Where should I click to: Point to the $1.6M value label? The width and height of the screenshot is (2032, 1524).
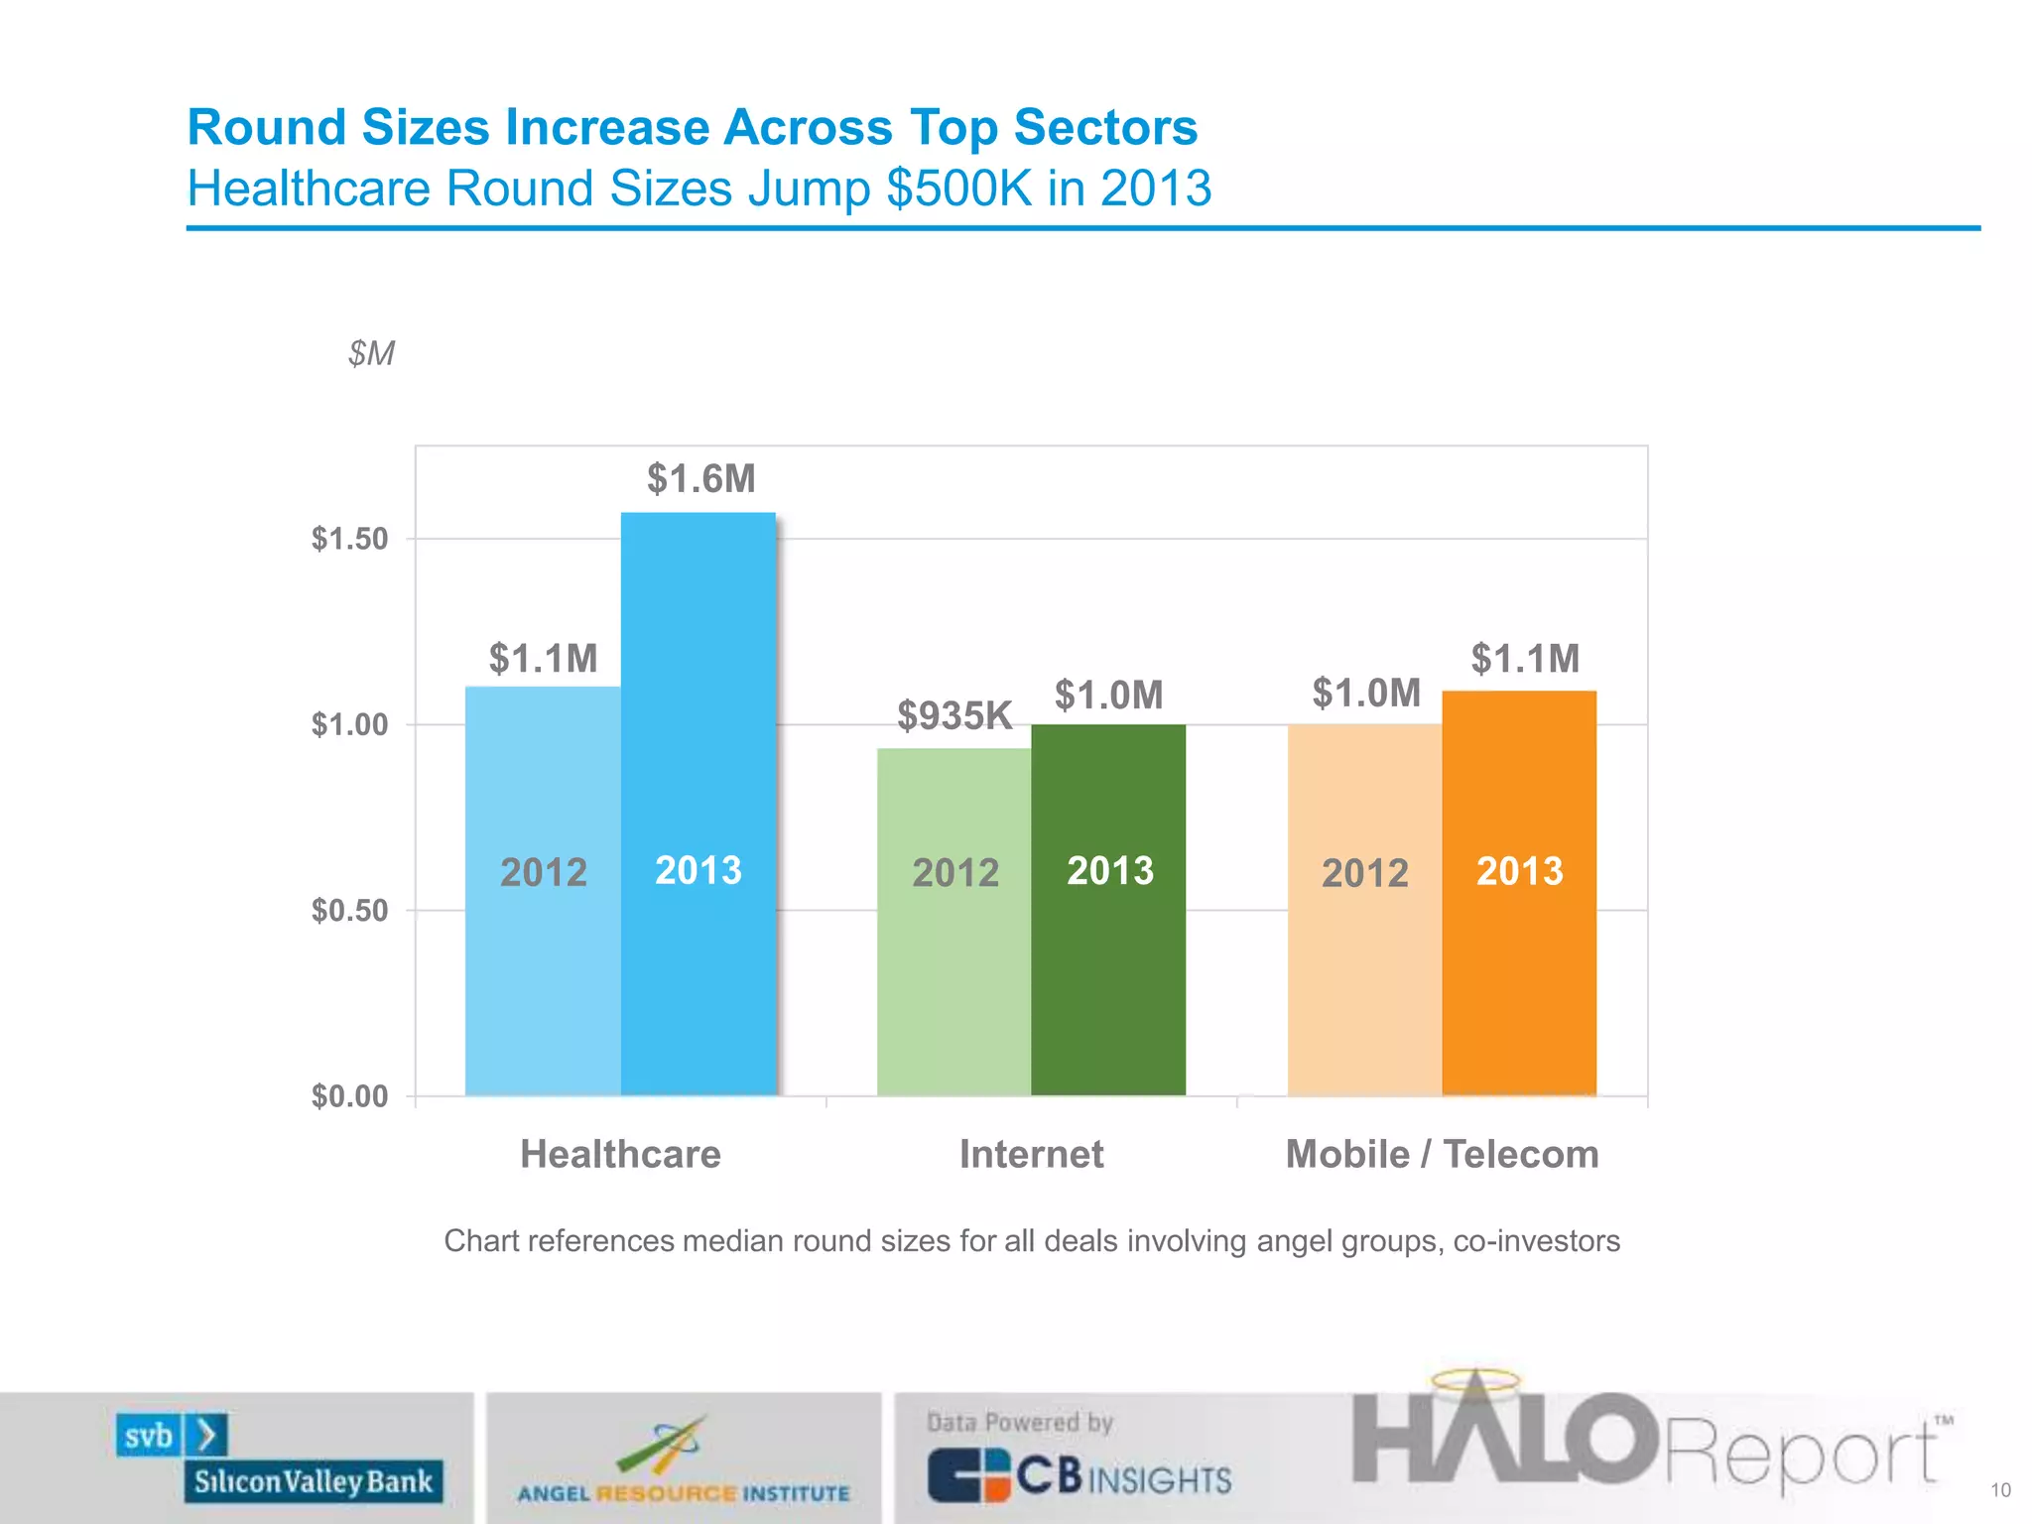pyautogui.click(x=700, y=479)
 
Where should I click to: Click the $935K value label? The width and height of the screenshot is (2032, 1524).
pyautogui.click(x=953, y=715)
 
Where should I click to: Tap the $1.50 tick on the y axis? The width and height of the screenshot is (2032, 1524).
pyautogui.click(x=349, y=539)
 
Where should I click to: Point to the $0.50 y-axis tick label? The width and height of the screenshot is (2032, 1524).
pyautogui.click(x=349, y=910)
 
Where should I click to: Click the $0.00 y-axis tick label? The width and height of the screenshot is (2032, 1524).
pyautogui.click(x=349, y=1095)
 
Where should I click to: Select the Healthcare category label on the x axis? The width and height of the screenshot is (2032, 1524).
pyautogui.click(x=620, y=1154)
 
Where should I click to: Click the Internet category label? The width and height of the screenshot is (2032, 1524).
pyautogui.click(x=1031, y=1154)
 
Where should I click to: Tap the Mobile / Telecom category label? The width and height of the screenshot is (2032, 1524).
pyautogui.click(x=1442, y=1154)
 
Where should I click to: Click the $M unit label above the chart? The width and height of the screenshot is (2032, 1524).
pyautogui.click(x=371, y=353)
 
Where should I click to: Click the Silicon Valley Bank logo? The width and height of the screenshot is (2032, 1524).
pyautogui.click(x=281, y=1458)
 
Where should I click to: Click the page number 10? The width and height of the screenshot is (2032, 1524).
pyautogui.click(x=2000, y=1490)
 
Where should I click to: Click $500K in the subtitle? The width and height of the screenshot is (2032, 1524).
pyautogui.click(x=959, y=189)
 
